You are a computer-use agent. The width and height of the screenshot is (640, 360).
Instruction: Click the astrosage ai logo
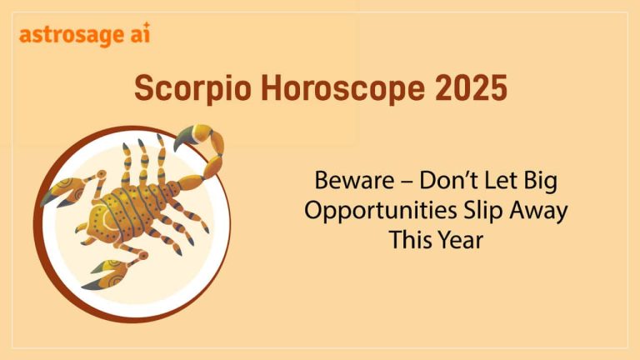point(84,36)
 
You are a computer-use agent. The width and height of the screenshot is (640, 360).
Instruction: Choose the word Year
point(460,241)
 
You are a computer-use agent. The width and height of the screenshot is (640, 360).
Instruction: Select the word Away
point(537,210)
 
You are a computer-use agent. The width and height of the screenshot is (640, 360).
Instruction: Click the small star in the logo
point(147,27)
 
